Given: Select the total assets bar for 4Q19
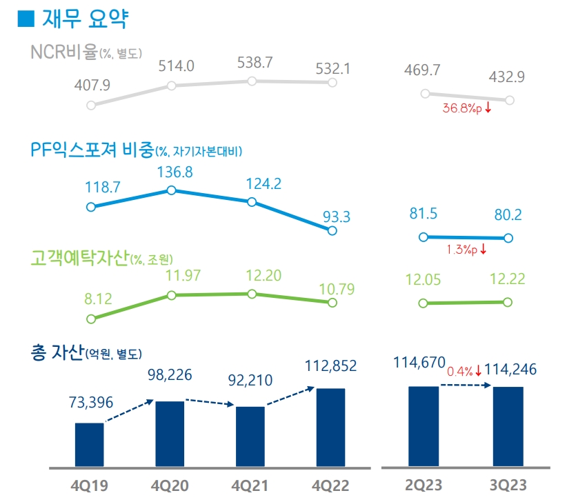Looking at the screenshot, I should pyautogui.click(x=89, y=445).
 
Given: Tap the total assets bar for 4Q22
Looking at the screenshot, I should pyautogui.click(x=330, y=428).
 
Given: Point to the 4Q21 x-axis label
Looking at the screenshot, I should pyautogui.click(x=251, y=485).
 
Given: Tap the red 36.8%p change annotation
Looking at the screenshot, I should pyautogui.click(x=467, y=108).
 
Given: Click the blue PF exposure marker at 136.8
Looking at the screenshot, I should pyautogui.click(x=171, y=190).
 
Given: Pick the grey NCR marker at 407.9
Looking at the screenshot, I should pyautogui.click(x=90, y=106).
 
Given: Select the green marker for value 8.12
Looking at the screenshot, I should pyautogui.click(x=90, y=319).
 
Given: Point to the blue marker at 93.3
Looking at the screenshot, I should pyautogui.click(x=332, y=231).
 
